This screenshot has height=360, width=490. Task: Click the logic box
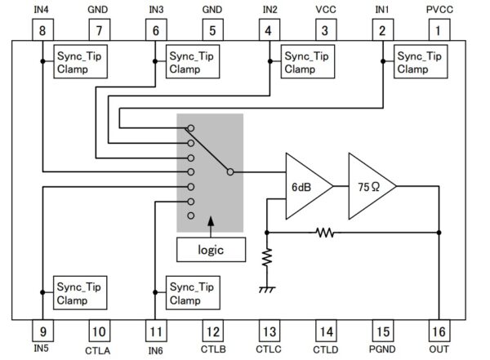[x=211, y=249]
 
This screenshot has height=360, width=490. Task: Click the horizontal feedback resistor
[x=326, y=233]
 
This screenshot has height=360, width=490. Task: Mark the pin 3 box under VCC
[x=325, y=32]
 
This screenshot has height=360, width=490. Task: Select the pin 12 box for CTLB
[x=212, y=331]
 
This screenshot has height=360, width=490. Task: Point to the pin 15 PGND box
[x=381, y=331]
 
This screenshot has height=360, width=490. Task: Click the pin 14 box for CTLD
[x=325, y=331]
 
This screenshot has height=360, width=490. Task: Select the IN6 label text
[x=155, y=352]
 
